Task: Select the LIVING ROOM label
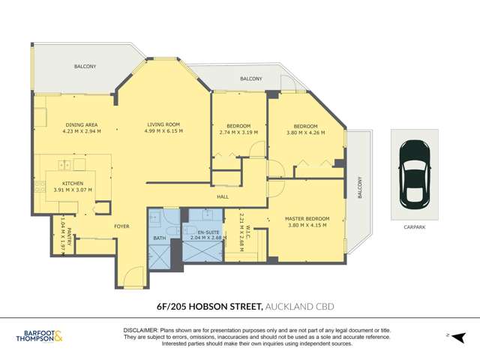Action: click(163, 124)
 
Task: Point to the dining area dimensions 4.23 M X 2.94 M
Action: click(81, 131)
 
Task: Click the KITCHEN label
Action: click(73, 183)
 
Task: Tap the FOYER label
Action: click(121, 225)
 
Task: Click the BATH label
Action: click(159, 238)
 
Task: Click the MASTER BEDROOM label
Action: click(307, 219)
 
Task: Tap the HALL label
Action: click(223, 197)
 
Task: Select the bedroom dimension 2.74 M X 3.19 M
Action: click(238, 132)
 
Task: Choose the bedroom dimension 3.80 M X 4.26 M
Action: click(305, 133)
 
